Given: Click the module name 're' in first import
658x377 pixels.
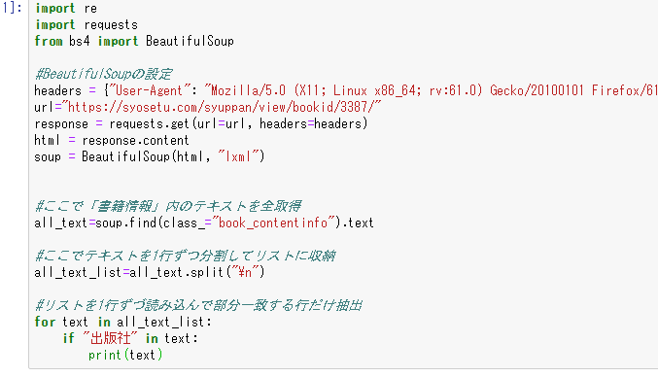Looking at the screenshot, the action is coord(90,9).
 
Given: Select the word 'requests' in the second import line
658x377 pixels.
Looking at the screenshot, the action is coord(111,25).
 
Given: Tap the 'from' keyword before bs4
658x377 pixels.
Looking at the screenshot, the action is coord(49,41).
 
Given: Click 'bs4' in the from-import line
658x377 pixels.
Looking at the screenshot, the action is coord(80,41).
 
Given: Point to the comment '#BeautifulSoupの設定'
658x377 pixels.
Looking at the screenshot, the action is coord(103,74).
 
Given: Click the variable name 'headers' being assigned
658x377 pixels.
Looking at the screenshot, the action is coord(58,90).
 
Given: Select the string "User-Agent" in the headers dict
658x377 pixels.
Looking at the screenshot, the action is coord(149,90).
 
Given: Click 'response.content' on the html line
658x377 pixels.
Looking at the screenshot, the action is coord(135,140).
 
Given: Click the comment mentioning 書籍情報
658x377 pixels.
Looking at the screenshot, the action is coord(168,206).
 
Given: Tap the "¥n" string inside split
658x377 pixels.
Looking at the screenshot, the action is coord(245,272).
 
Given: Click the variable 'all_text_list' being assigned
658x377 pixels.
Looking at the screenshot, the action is coord(78,272).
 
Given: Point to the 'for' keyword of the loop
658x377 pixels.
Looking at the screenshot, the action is coord(45,322).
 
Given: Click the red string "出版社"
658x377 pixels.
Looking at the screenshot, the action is coord(110,338).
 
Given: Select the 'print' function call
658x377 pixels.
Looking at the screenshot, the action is coord(105,356).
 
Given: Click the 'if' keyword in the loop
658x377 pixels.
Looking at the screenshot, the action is coord(69,338).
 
